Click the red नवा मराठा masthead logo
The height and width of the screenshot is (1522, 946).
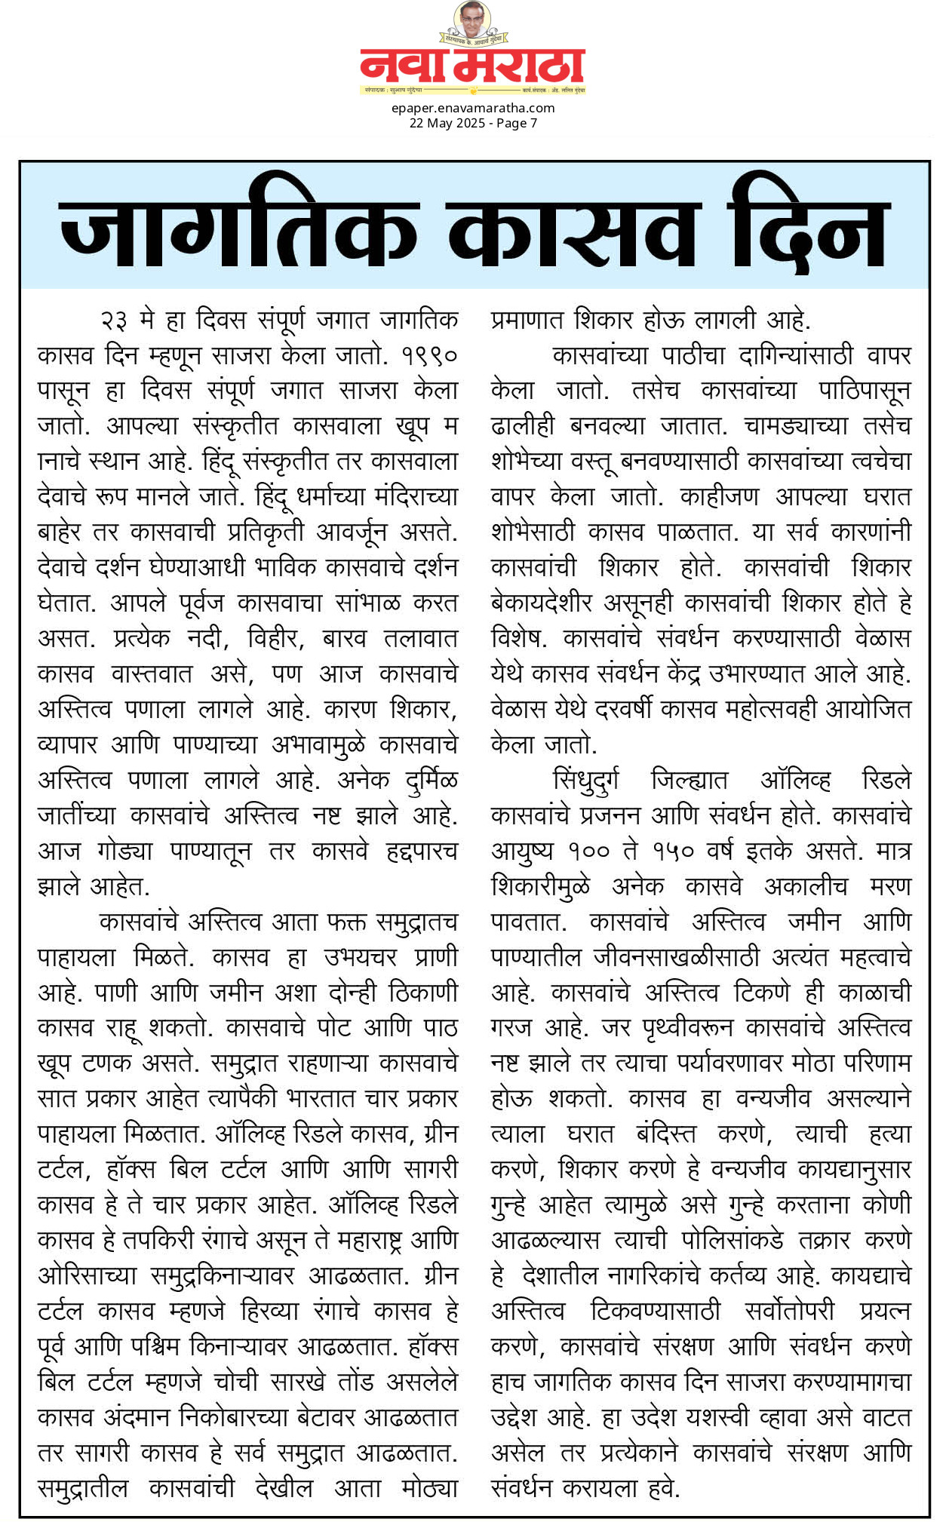472,66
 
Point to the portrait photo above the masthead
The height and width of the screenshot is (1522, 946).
472,20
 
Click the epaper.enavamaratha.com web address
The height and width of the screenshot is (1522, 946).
473,108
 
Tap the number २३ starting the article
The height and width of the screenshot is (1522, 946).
114,321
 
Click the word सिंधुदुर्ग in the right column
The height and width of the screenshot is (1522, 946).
586,780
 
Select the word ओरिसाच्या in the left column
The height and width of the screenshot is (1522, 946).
88,1275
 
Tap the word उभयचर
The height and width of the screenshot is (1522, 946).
360,957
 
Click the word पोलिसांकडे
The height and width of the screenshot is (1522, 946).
733,1240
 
